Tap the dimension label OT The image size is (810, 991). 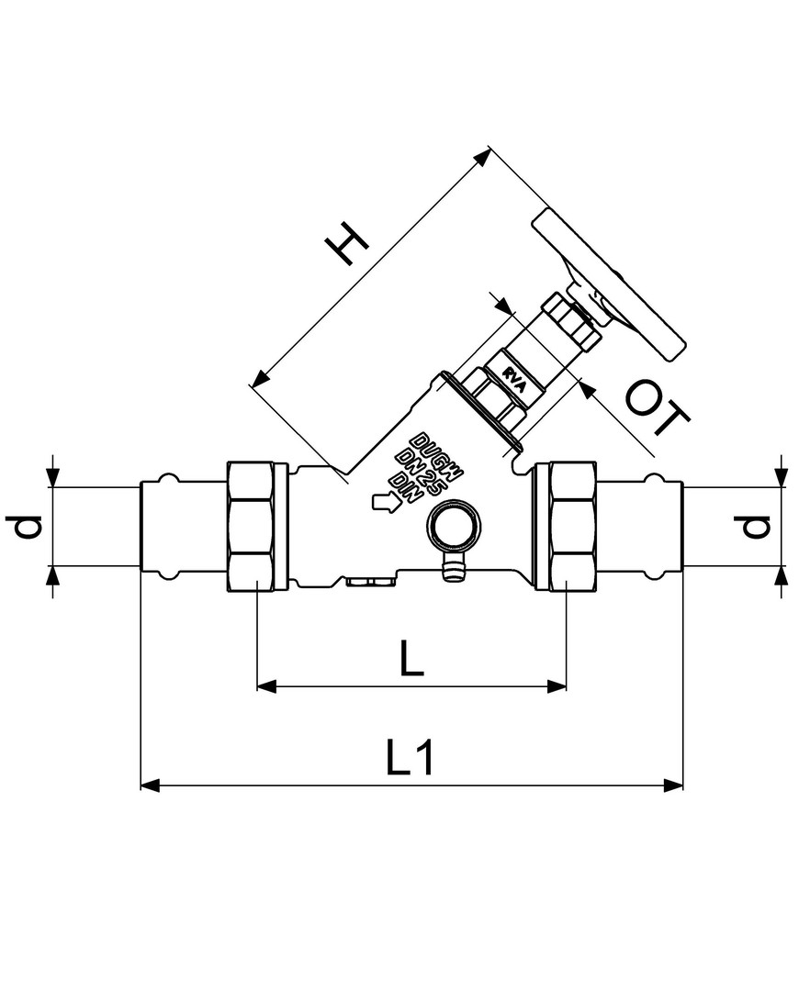(x=658, y=410)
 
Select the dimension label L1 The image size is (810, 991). (x=411, y=757)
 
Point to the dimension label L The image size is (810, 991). (x=411, y=657)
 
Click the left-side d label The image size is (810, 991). (x=28, y=527)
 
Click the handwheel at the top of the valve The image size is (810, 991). (x=608, y=285)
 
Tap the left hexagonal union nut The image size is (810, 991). (x=252, y=526)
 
